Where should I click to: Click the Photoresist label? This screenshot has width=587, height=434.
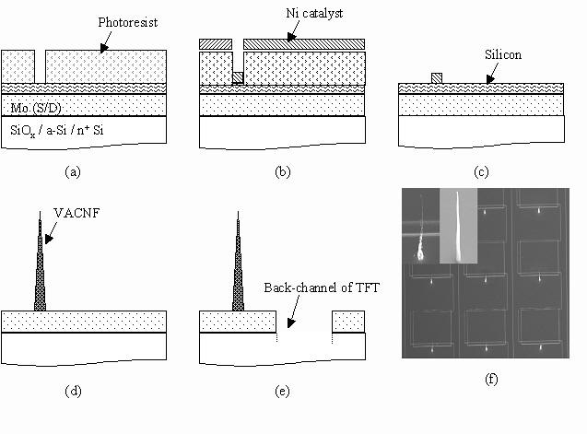point(128,22)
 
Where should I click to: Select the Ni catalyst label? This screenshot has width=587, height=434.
point(314,14)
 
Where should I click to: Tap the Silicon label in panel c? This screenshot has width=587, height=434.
point(503,54)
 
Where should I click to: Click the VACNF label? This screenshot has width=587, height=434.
point(76,213)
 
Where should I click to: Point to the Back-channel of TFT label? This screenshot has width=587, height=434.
point(322,287)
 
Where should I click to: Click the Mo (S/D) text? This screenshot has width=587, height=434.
point(36,108)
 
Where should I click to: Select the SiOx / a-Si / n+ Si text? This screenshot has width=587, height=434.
point(57,131)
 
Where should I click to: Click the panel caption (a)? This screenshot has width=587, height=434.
point(73,172)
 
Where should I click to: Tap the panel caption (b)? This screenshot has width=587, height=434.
point(283,172)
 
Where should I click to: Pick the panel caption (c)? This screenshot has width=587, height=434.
point(481,172)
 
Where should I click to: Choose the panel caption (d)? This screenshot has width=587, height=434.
point(73,392)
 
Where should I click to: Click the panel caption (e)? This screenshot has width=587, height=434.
point(282,392)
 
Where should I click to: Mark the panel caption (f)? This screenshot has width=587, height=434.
point(491,380)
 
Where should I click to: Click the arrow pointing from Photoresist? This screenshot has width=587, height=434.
point(105,42)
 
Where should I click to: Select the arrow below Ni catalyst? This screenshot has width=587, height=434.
point(293,30)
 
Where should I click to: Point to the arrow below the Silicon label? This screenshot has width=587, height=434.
point(492,73)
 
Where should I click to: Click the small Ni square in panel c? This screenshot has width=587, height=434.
point(437,78)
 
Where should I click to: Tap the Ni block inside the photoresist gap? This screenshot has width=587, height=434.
point(238,78)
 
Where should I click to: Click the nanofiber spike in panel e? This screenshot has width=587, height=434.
point(238,261)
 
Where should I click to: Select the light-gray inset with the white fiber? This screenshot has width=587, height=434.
point(458,226)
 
